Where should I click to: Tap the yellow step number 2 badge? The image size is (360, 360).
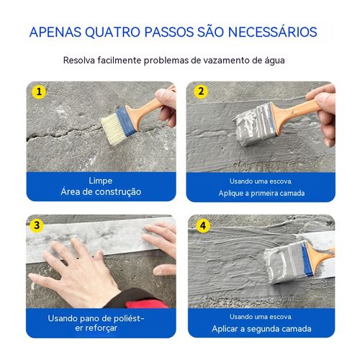pos(201,92)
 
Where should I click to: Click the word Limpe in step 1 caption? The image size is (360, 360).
pos(100,180)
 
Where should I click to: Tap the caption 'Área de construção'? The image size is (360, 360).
pos(100,192)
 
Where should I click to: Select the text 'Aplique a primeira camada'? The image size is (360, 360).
pos(261,193)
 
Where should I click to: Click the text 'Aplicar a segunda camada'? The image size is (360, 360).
pos(261,328)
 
